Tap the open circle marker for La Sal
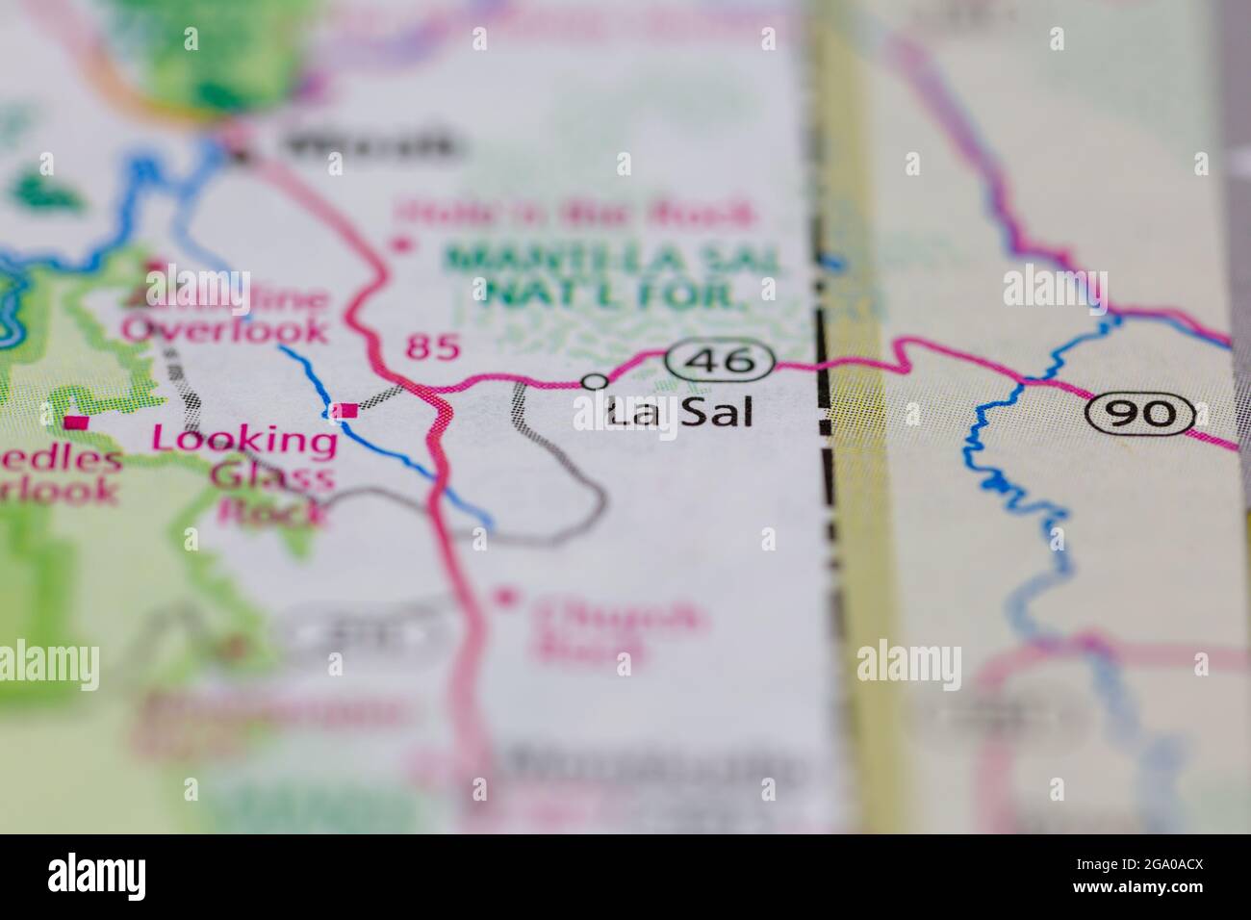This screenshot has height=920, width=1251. [597, 381]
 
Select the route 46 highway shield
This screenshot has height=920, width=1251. [720, 363]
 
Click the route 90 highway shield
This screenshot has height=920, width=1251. [1141, 413]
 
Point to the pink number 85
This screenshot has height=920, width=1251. [432, 346]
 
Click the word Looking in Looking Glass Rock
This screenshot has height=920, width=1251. [244, 441]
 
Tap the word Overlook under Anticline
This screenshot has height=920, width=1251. [224, 329]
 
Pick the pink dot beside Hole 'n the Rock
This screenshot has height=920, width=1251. [400, 245]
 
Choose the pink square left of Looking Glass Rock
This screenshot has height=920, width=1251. [75, 422]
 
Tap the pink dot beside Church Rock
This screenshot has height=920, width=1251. [501, 598]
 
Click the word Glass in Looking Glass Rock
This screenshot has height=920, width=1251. [273, 476]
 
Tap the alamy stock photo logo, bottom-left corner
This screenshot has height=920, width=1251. [97, 877]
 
